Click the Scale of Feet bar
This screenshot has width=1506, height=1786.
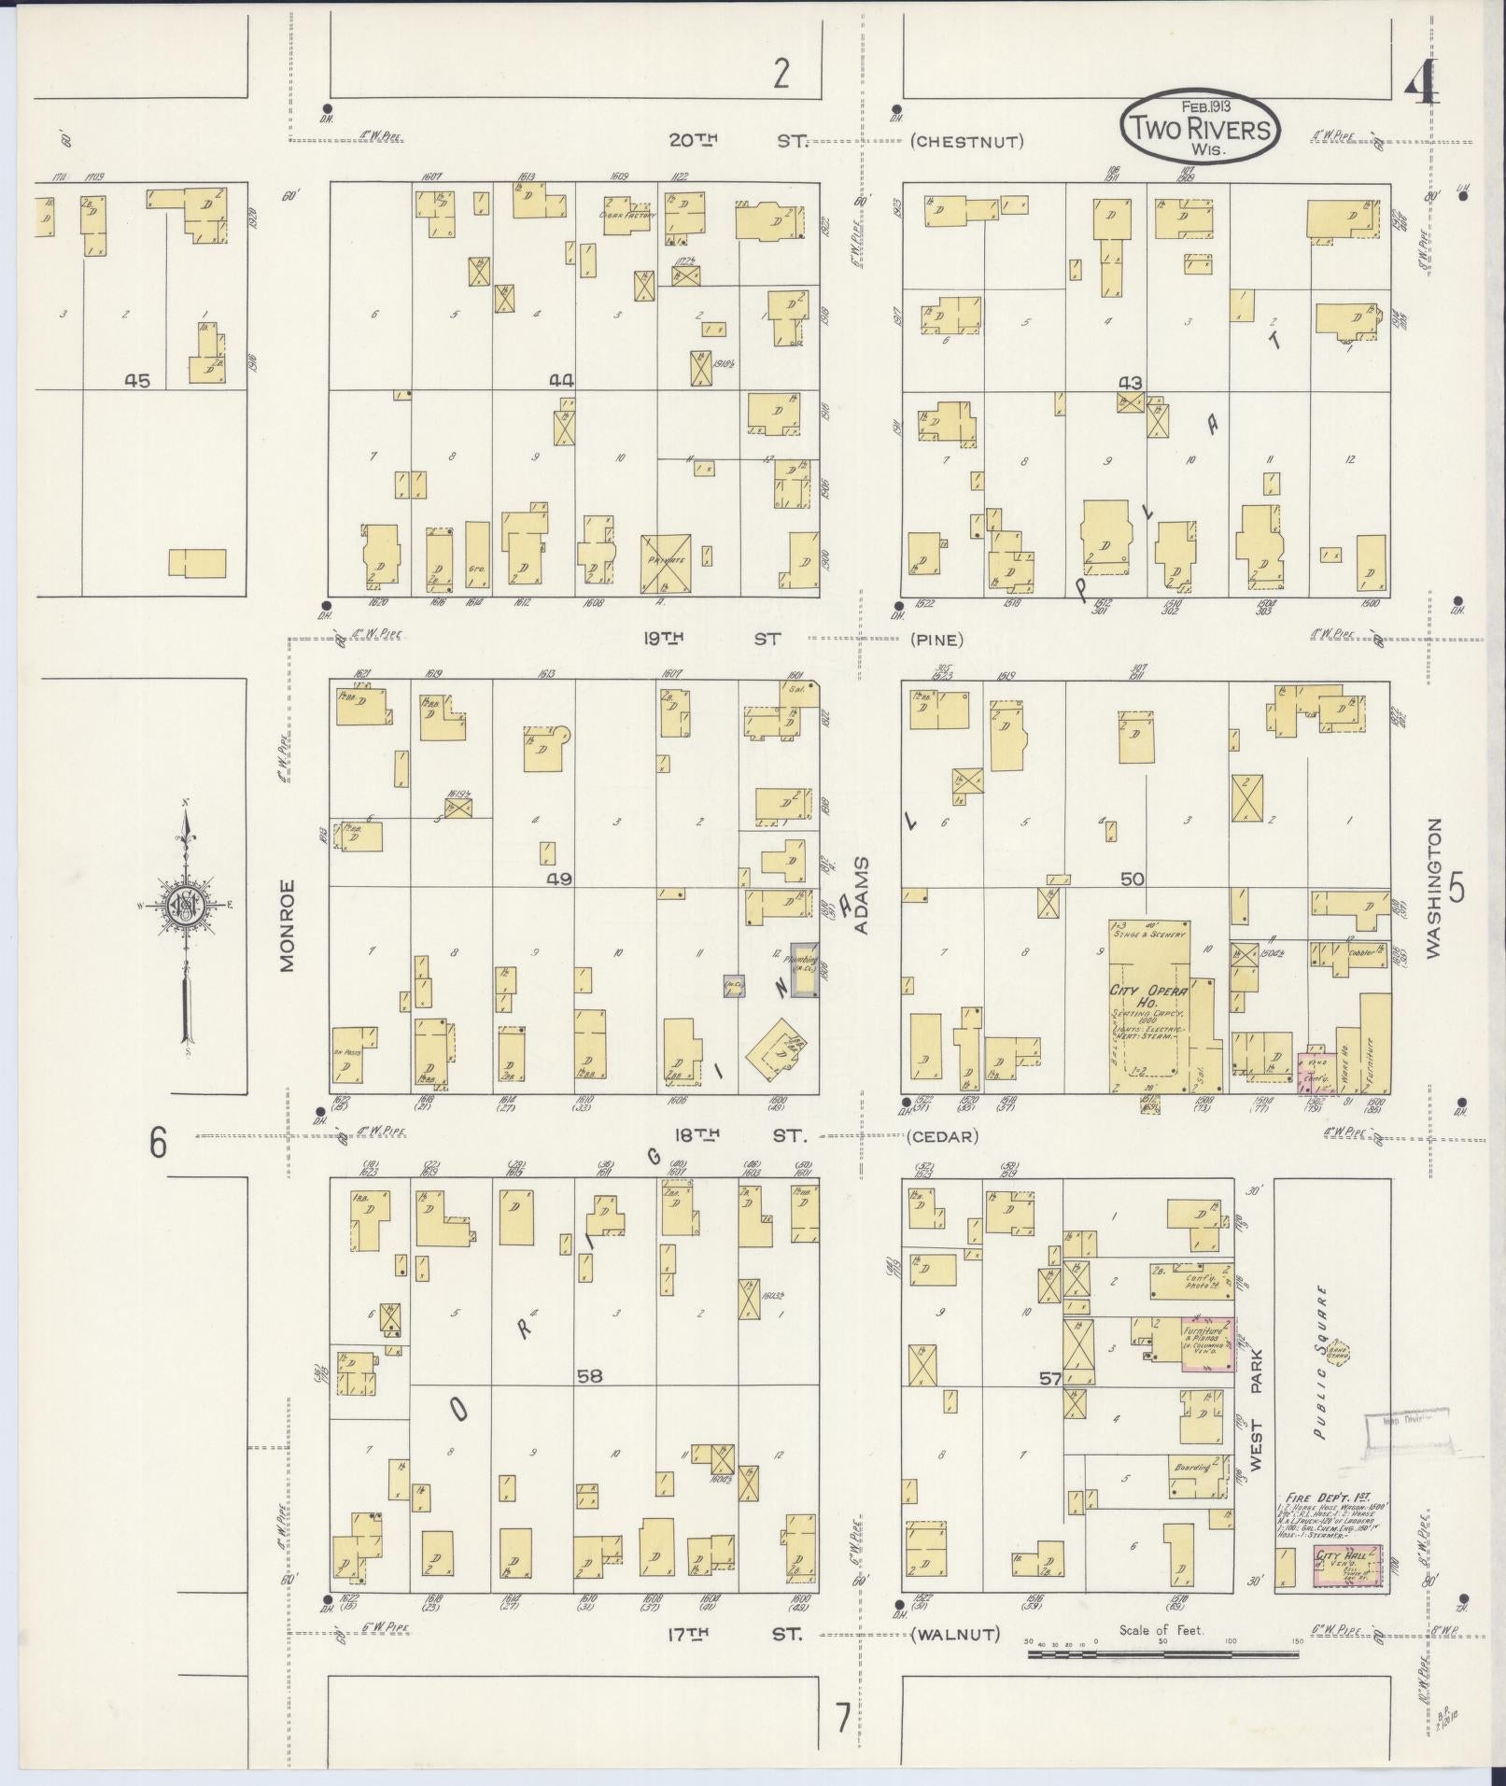click(x=1162, y=1654)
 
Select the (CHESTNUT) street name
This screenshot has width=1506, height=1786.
click(x=966, y=142)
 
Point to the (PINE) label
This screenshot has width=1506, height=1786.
click(x=936, y=640)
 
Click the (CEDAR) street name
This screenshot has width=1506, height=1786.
click(x=943, y=1137)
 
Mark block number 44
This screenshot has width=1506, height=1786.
click(x=560, y=380)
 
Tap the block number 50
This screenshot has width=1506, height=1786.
click(x=1132, y=879)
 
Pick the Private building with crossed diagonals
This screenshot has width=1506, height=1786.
click(x=666, y=563)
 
